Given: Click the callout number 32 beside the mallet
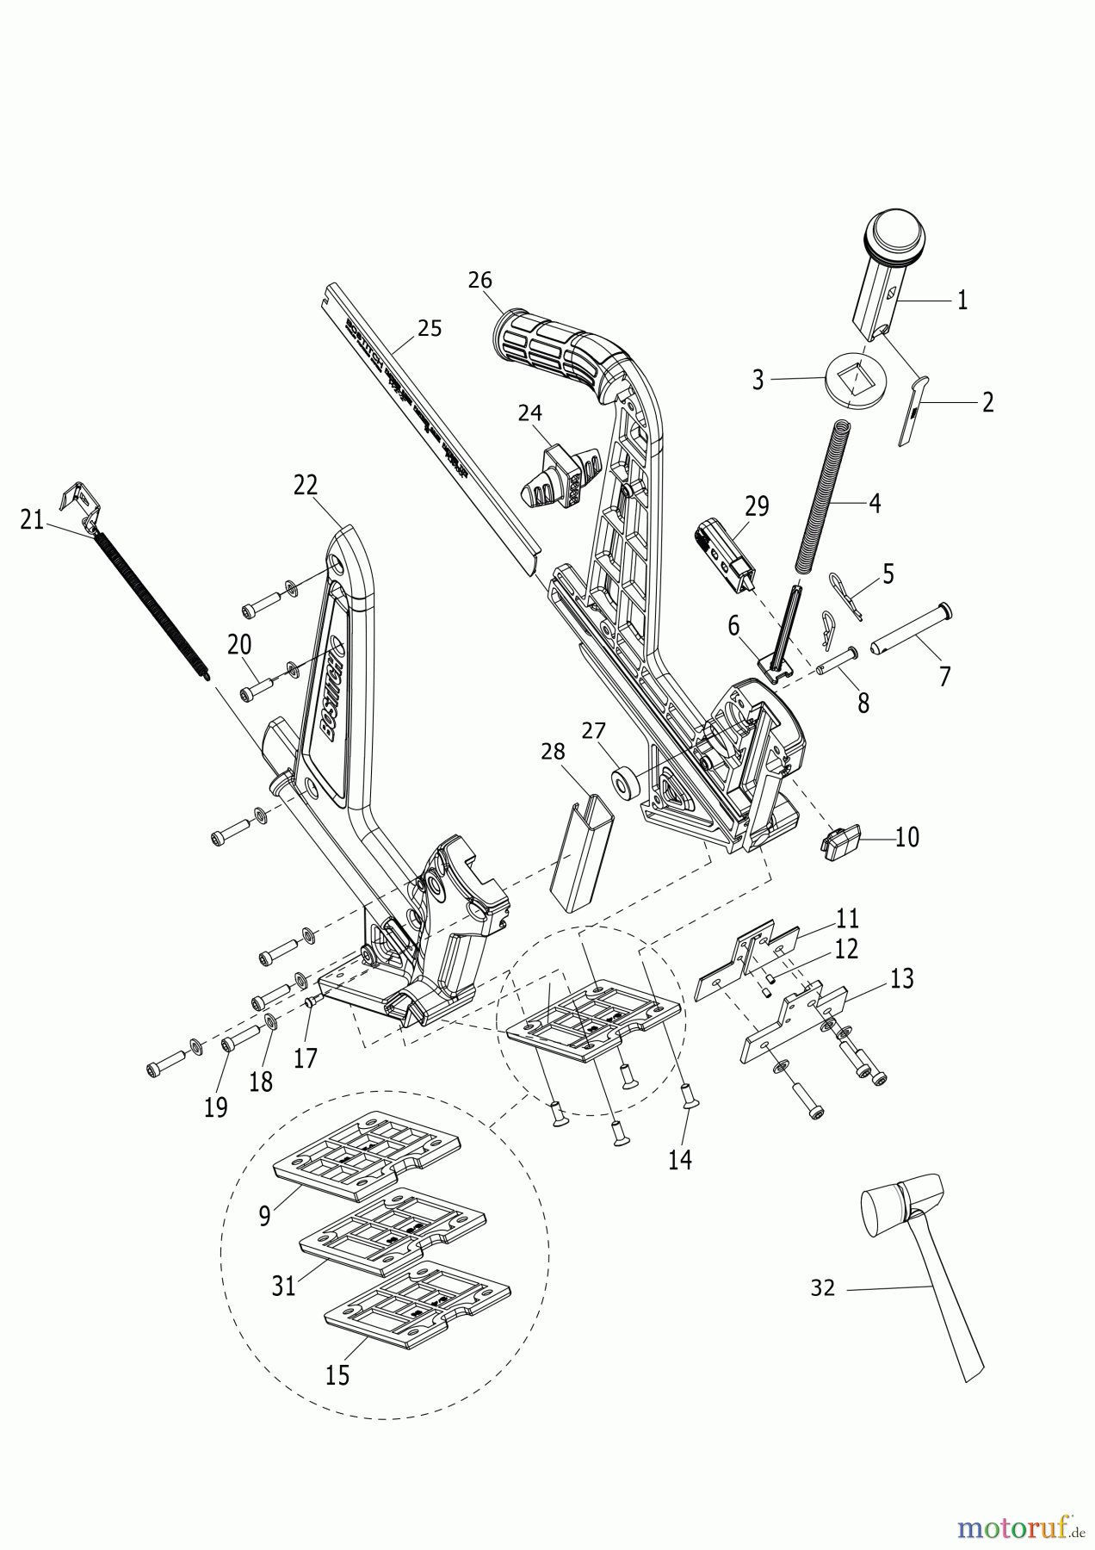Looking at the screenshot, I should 823,1288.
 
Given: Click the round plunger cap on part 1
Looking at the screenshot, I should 895,232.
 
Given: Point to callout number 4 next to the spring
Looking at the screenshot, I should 875,503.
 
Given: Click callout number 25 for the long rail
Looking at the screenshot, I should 430,328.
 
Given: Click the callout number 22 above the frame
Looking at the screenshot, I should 306,486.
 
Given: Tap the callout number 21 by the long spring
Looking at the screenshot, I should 32,520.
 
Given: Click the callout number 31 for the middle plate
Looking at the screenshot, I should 284,1286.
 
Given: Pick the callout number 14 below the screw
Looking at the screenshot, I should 680,1159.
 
